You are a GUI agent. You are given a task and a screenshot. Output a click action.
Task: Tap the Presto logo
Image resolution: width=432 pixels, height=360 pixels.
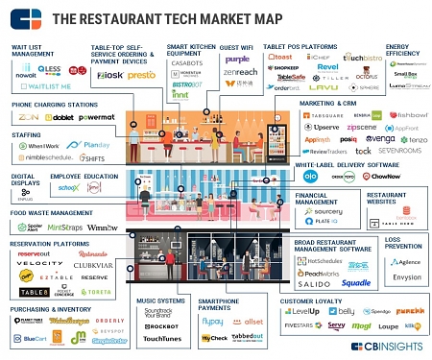[142, 74]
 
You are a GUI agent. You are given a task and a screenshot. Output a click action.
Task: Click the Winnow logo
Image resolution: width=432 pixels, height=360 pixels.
[102, 228]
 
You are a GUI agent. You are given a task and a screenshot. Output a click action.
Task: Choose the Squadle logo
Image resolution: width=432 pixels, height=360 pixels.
[355, 283]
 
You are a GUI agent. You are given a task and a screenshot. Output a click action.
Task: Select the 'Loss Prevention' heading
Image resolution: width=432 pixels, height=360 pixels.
[403, 242]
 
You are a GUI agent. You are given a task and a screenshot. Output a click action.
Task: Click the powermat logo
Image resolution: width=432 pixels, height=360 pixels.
[97, 117]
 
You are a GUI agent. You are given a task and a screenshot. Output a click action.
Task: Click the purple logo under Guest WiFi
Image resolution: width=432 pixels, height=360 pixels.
[237, 59]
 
